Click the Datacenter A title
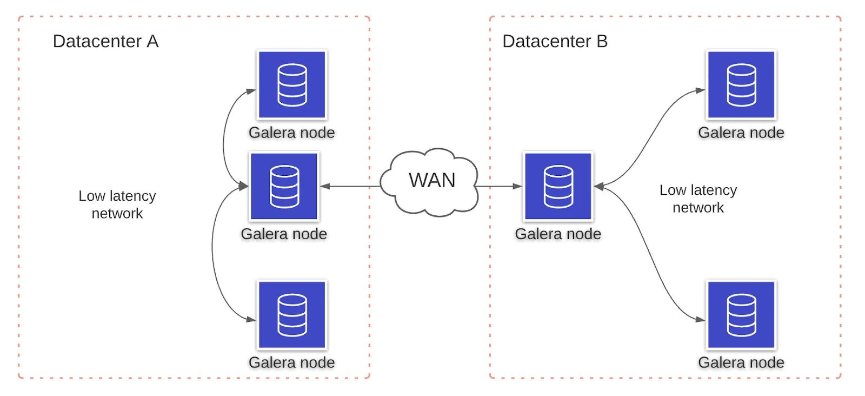click(105, 41)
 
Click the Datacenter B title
click(555, 41)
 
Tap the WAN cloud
click(429, 182)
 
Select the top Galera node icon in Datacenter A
click(292, 84)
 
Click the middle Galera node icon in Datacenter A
click(284, 186)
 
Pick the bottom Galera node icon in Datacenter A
click(292, 314)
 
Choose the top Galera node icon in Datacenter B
click(741, 84)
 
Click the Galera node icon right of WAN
click(558, 186)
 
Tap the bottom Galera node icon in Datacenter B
click(741, 314)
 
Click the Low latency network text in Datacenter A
click(117, 204)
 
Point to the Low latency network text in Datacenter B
click(698, 199)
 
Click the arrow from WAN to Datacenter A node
click(350, 186)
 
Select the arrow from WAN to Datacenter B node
click(498, 186)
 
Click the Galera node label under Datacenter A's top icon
click(291, 133)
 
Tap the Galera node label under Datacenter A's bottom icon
click(291, 362)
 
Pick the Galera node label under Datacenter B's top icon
click(741, 133)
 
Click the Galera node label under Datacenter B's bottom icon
click(741, 362)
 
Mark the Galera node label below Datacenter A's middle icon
click(284, 234)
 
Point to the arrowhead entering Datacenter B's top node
click(701, 90)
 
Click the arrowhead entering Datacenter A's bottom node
click(251, 320)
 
